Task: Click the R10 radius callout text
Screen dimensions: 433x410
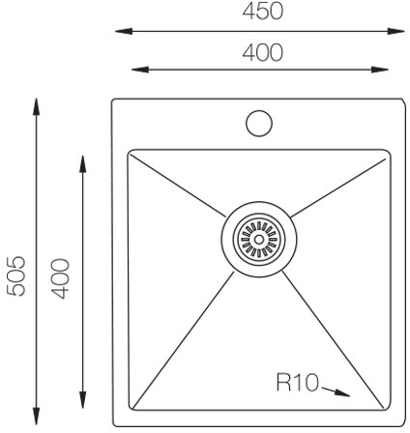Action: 298,385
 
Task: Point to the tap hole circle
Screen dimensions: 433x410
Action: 259,123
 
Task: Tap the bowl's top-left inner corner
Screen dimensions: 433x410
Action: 132,153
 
